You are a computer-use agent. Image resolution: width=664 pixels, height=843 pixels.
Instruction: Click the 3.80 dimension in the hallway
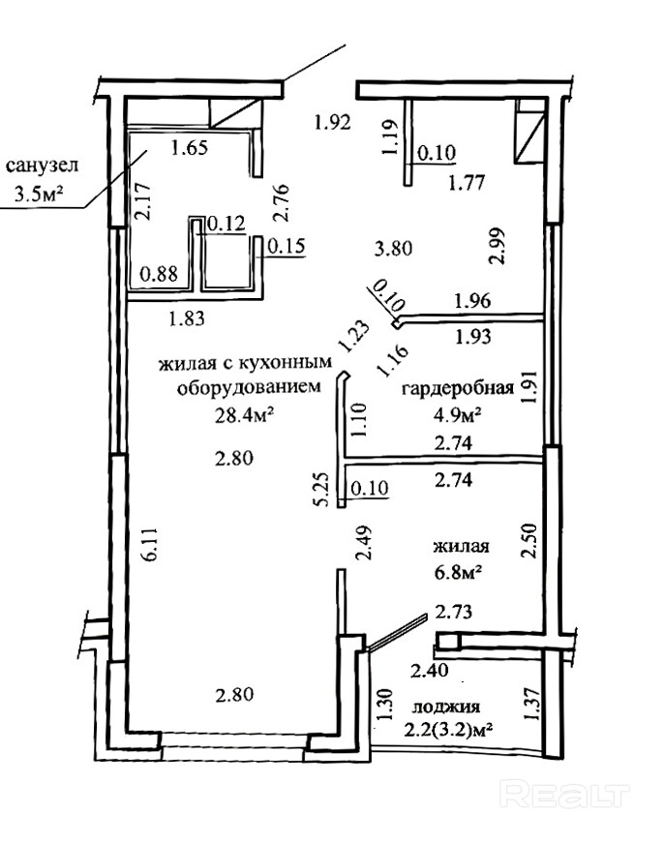click(x=394, y=248)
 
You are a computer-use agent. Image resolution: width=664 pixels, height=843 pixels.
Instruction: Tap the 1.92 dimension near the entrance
click(x=330, y=123)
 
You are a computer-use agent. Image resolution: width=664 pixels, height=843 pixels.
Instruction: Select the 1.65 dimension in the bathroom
click(x=190, y=148)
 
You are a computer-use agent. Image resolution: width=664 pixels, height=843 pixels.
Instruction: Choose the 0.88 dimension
click(x=159, y=274)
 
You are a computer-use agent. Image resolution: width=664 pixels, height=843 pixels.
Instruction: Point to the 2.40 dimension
click(x=431, y=670)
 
